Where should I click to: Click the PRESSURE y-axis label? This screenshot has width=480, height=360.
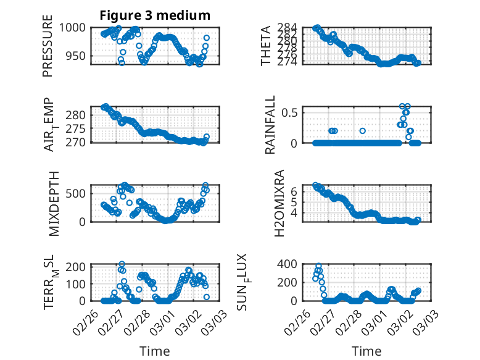(48, 51)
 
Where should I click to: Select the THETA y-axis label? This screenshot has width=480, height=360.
(266, 46)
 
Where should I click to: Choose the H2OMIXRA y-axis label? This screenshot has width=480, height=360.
(279, 203)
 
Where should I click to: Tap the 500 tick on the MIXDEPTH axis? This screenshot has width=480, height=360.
(78, 193)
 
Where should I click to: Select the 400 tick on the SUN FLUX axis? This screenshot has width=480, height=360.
(291, 264)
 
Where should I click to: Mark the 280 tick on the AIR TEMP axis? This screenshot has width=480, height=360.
(78, 115)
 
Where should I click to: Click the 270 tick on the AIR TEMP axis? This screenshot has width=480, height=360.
(78, 142)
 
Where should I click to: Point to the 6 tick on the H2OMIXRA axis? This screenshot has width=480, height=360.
(295, 191)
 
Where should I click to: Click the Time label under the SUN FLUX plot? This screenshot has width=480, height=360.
(366, 351)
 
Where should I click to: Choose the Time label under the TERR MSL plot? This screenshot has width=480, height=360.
(154, 351)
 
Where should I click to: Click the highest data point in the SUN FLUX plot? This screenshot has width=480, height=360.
(318, 266)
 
